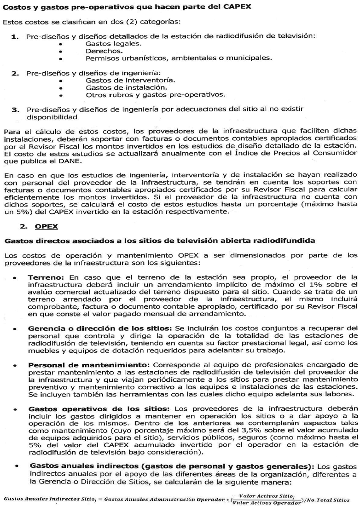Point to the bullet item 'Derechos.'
coord(104,51)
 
